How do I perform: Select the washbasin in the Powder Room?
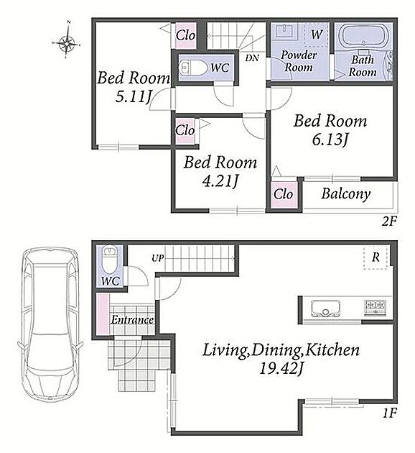(285, 31)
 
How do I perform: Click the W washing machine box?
(317, 35)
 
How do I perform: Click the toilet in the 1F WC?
(110, 260)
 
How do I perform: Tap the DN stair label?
(252, 58)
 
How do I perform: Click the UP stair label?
(157, 258)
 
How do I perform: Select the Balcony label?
(346, 193)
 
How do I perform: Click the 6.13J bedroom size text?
(330, 139)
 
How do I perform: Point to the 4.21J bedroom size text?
(220, 181)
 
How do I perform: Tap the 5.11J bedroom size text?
(134, 97)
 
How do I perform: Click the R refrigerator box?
(376, 257)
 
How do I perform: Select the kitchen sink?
(325, 308)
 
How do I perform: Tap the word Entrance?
(132, 320)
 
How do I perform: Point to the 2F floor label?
(390, 221)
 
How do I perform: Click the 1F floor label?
(390, 413)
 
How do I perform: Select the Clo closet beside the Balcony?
(284, 194)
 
